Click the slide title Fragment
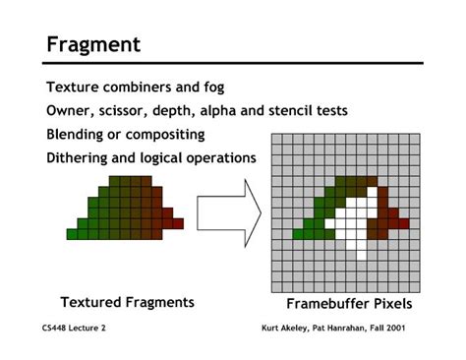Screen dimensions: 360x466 [x=93, y=44]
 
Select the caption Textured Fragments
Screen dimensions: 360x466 [x=127, y=302]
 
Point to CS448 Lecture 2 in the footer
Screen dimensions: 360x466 [x=74, y=329]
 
